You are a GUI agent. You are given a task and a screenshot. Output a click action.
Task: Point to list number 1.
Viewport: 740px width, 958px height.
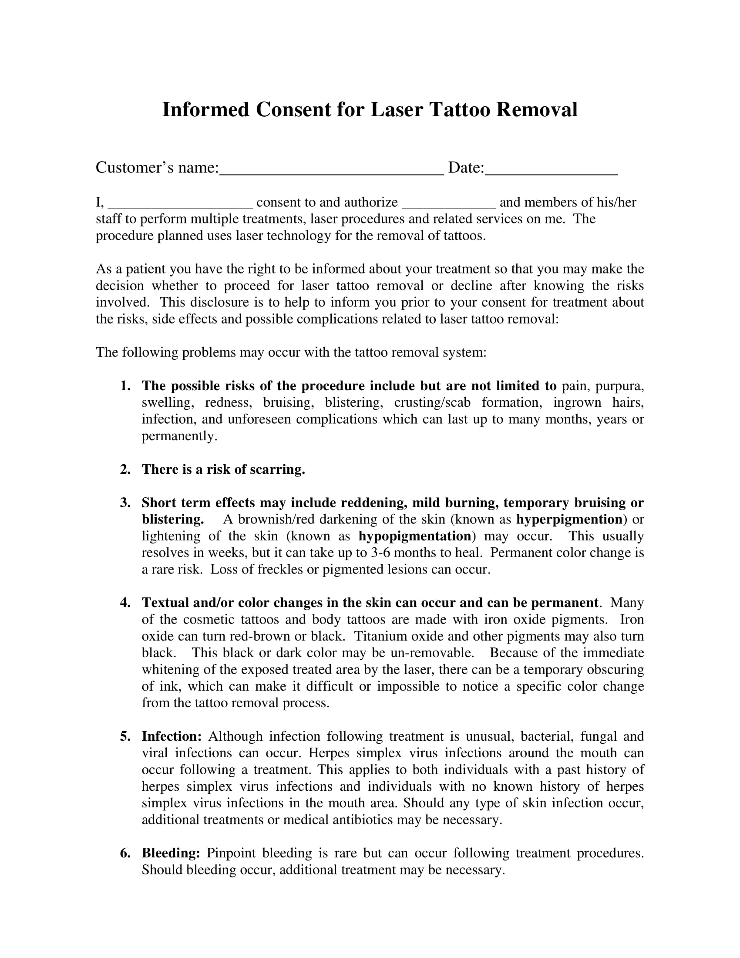(x=125, y=386)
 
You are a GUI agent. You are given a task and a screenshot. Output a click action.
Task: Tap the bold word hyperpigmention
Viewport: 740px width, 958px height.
(x=569, y=519)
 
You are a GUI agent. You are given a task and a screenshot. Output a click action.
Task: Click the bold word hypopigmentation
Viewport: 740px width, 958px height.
(x=415, y=536)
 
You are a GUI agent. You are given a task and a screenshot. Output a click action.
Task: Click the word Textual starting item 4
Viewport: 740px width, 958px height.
(x=165, y=603)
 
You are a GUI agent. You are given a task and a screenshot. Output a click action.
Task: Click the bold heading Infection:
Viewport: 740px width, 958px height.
(x=172, y=736)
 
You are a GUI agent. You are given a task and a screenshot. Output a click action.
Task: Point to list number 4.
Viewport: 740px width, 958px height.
(x=125, y=603)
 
